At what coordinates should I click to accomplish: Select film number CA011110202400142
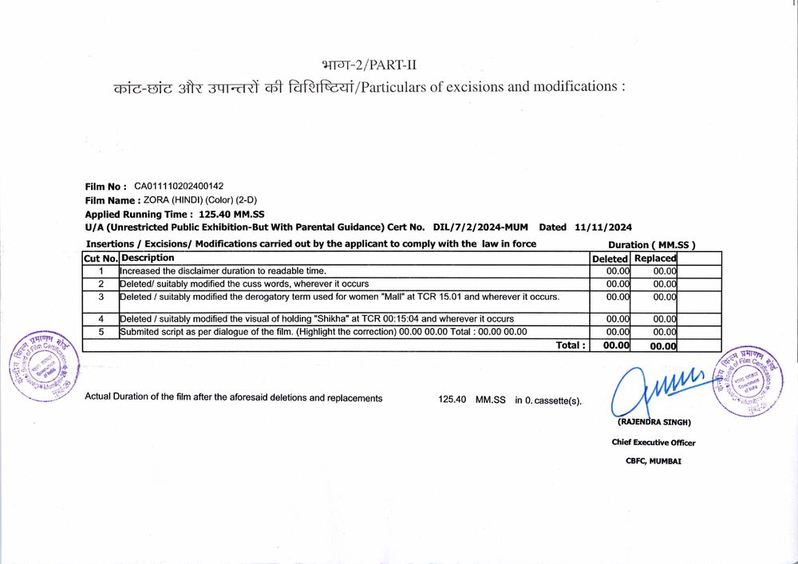[x=179, y=187]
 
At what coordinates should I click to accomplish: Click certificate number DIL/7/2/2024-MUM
[x=480, y=227]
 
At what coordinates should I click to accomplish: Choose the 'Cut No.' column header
[x=101, y=258]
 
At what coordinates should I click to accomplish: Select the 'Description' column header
[x=148, y=258]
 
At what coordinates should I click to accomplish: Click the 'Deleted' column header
[x=610, y=258]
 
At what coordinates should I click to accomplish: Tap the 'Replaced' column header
[x=655, y=258]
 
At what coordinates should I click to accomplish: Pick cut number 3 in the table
[x=101, y=298]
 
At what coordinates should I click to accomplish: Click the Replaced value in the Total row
[x=663, y=346]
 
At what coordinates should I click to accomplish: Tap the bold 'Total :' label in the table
[x=571, y=345]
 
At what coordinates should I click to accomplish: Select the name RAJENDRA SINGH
[x=654, y=422]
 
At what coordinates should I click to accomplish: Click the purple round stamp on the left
[x=45, y=365]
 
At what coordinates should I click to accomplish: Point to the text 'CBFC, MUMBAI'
[x=654, y=461]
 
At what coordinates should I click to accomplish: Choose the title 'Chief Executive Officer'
[x=654, y=443]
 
